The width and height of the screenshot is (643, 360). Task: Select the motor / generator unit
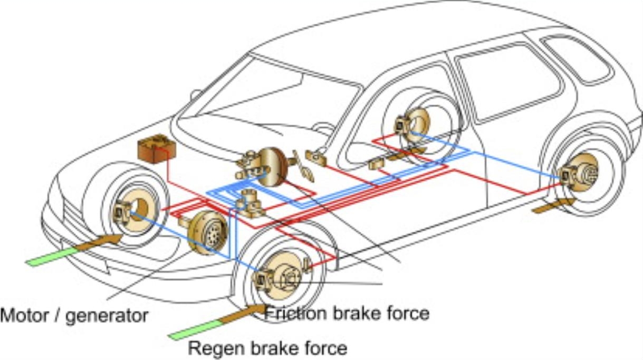207,232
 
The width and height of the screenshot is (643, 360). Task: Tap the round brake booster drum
270,166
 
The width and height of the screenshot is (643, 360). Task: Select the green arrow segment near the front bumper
50,257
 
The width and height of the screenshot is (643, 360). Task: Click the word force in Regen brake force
324,348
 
